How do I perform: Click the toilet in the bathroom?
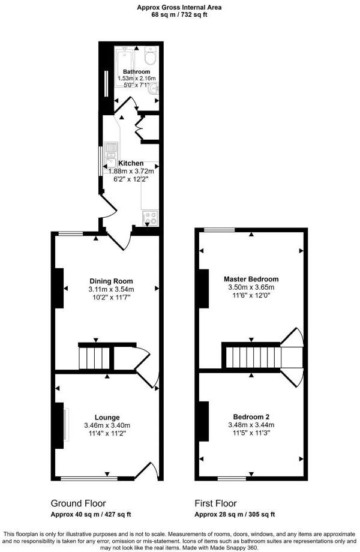coord(150,58)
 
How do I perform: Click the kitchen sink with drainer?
coord(111,154)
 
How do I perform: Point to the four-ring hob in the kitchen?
coord(149,219)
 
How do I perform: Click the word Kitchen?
coord(131,163)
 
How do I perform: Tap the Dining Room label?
coord(111,281)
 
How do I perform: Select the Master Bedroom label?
coord(251,279)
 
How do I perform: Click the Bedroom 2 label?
coord(251,416)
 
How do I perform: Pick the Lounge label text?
coord(107,418)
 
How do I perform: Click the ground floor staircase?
coord(95,358)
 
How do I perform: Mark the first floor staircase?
coord(252,358)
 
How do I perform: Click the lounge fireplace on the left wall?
coord(61,425)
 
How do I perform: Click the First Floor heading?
coord(215,503)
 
